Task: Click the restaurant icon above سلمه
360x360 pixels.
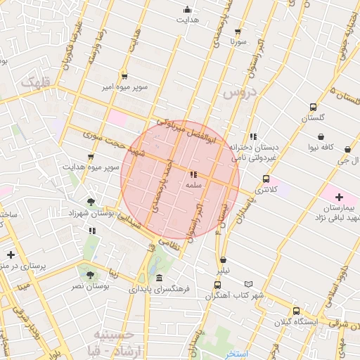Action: tap(193, 174)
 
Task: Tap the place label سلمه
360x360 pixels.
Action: tap(193, 185)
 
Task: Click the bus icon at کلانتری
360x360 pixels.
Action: tap(265, 179)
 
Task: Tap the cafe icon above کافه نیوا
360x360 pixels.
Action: tap(321, 136)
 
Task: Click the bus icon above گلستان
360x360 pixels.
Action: tap(313, 107)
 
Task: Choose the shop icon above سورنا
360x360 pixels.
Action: tap(238, 32)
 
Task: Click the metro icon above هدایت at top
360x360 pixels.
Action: tap(187, 9)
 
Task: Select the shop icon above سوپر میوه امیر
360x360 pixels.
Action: tap(124, 76)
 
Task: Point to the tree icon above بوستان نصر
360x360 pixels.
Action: tap(90, 274)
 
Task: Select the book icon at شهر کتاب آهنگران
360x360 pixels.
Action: tap(259, 283)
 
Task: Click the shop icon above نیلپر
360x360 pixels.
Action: tap(223, 259)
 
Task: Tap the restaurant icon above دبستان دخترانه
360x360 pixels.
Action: tap(252, 136)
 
